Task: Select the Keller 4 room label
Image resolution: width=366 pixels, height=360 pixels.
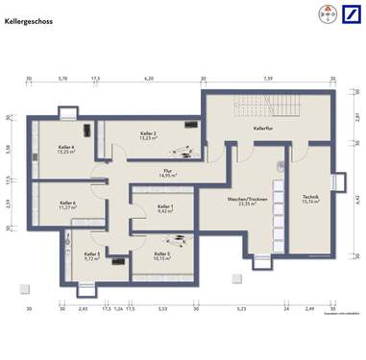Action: point(66,149)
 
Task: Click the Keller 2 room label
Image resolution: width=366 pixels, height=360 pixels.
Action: point(148,135)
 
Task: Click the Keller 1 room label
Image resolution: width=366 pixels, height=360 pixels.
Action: point(165,208)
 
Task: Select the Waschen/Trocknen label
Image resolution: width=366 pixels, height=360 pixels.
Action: point(232,202)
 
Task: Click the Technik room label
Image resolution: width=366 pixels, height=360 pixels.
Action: point(311,198)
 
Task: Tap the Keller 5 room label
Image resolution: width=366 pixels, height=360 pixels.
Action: point(161,256)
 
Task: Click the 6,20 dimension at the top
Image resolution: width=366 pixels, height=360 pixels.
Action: point(149,79)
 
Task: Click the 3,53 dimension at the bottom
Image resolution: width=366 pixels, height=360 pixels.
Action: point(162,309)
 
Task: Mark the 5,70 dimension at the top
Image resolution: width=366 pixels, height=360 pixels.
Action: point(62,79)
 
